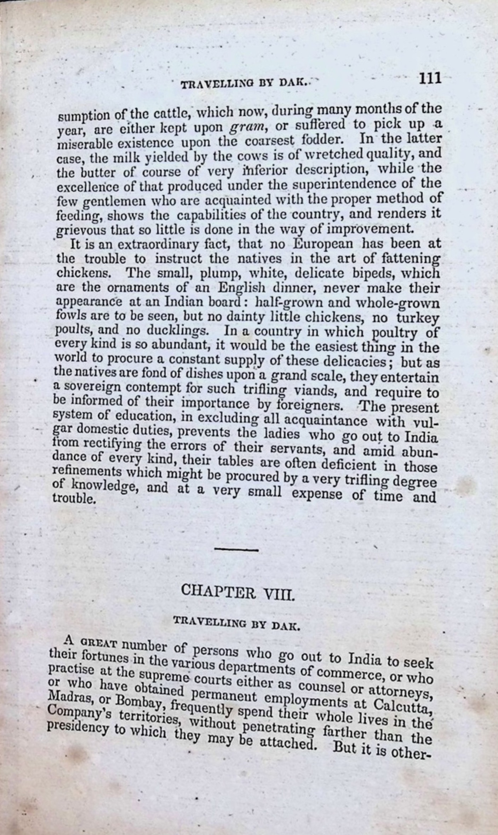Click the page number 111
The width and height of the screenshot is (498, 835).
tap(430, 78)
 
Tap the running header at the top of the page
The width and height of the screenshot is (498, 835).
tap(245, 84)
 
